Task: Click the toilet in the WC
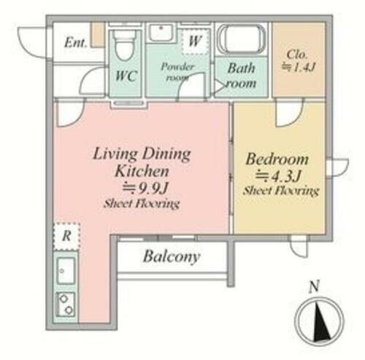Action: (125, 45)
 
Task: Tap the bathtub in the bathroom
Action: (242, 39)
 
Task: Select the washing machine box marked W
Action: (195, 41)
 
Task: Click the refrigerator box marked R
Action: (66, 236)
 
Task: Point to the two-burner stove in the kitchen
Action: (66, 305)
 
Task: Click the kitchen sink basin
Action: (66, 270)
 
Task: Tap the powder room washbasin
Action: (161, 32)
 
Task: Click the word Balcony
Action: (172, 256)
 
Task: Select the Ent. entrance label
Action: (76, 43)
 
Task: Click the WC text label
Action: (126, 76)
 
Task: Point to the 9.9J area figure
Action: (145, 188)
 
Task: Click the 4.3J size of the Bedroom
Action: (278, 175)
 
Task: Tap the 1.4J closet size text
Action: (299, 67)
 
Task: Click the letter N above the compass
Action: (314, 286)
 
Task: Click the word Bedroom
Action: (277, 159)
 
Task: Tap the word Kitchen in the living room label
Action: (142, 171)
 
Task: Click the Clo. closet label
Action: (297, 54)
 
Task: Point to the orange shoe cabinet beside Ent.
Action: (98, 35)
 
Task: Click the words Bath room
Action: (242, 75)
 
